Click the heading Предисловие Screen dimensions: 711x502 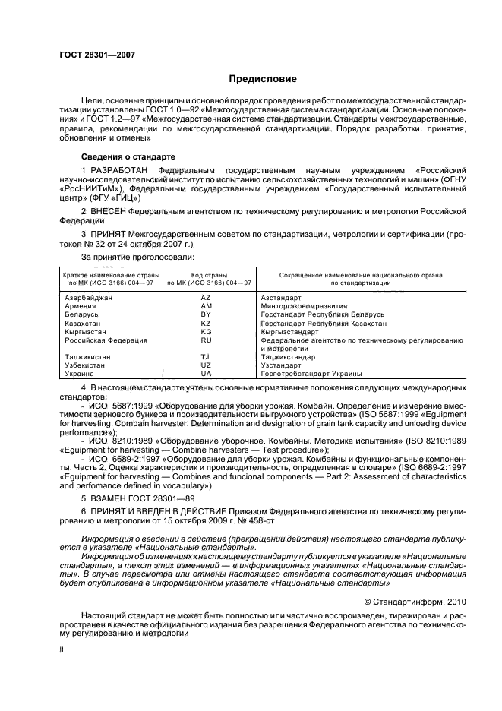coord(264,79)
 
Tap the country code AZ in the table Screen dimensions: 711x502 coord(205,298)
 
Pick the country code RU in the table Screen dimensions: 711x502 coord(205,340)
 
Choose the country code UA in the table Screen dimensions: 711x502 coord(205,374)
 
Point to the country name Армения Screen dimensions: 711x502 coord(80,306)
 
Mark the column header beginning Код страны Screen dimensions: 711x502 coord(205,277)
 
